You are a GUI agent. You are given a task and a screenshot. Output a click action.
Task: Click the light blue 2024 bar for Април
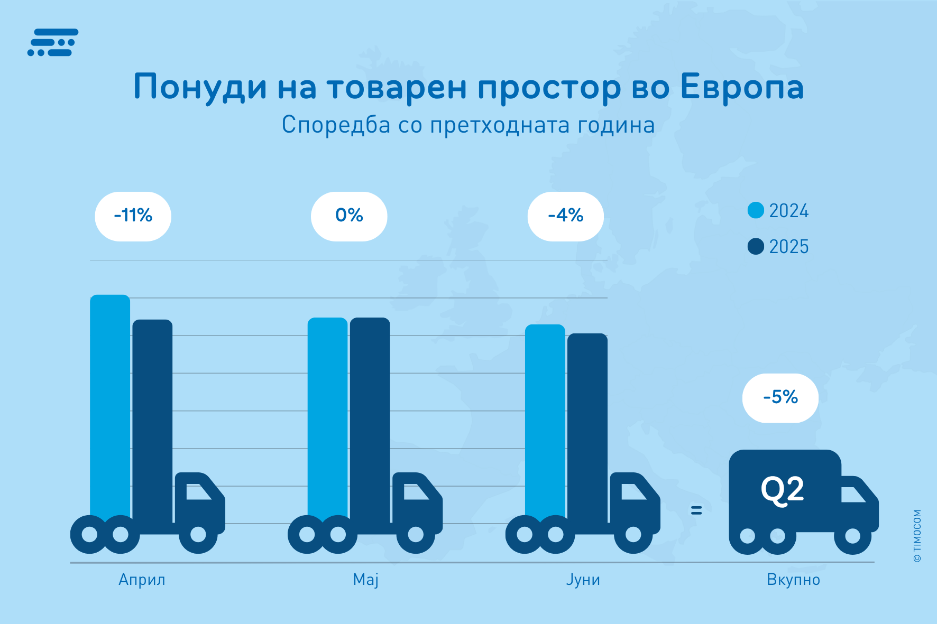[x=110, y=402]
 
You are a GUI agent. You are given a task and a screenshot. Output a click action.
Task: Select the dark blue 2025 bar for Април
[x=152, y=412]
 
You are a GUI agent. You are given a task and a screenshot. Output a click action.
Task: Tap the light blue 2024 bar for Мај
[x=327, y=412]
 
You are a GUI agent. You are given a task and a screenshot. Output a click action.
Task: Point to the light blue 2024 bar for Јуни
[x=545, y=417]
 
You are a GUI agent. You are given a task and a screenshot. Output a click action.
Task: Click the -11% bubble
[x=133, y=216]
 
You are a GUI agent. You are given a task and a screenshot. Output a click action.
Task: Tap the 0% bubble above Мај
[x=349, y=216]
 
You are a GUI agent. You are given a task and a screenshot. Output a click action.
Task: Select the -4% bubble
[x=565, y=216]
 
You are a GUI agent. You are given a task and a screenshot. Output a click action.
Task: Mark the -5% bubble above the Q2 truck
[x=780, y=398]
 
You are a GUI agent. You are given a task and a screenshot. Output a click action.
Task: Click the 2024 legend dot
[x=756, y=210]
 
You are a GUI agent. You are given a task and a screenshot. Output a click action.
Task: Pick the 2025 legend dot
[x=756, y=246]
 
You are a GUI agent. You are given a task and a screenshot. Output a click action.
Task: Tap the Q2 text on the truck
[x=782, y=490]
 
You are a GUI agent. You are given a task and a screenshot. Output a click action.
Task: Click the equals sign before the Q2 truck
[x=696, y=510]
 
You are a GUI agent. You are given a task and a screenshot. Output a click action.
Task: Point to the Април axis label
[x=142, y=580]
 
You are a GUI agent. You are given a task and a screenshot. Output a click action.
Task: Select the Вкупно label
[x=793, y=580]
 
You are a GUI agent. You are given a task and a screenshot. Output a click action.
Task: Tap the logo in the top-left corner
[x=53, y=42]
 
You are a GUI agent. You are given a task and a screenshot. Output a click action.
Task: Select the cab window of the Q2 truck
[x=853, y=494]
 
